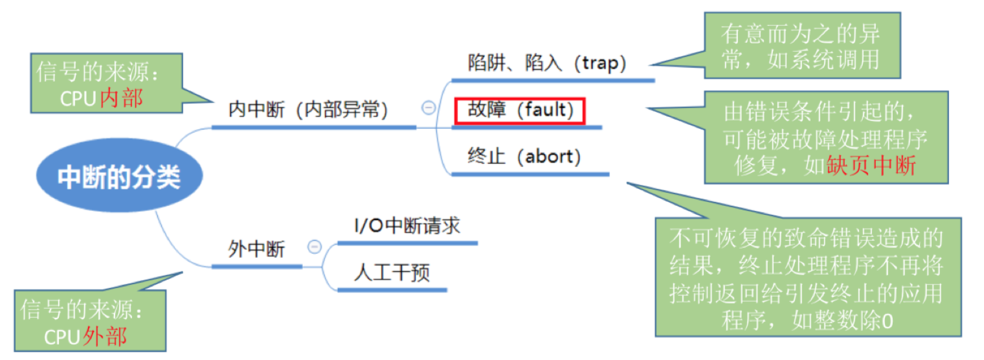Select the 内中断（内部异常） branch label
click(x=307, y=110)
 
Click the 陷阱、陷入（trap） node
click(x=547, y=63)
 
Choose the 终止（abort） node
click(x=524, y=157)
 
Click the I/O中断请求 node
click(x=407, y=226)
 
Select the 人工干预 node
click(x=392, y=273)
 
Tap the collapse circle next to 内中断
click(x=429, y=108)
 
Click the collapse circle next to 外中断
click(x=315, y=247)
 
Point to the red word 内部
click(x=122, y=98)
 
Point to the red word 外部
click(x=105, y=336)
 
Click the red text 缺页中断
click(x=871, y=166)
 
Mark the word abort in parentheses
click(x=550, y=157)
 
